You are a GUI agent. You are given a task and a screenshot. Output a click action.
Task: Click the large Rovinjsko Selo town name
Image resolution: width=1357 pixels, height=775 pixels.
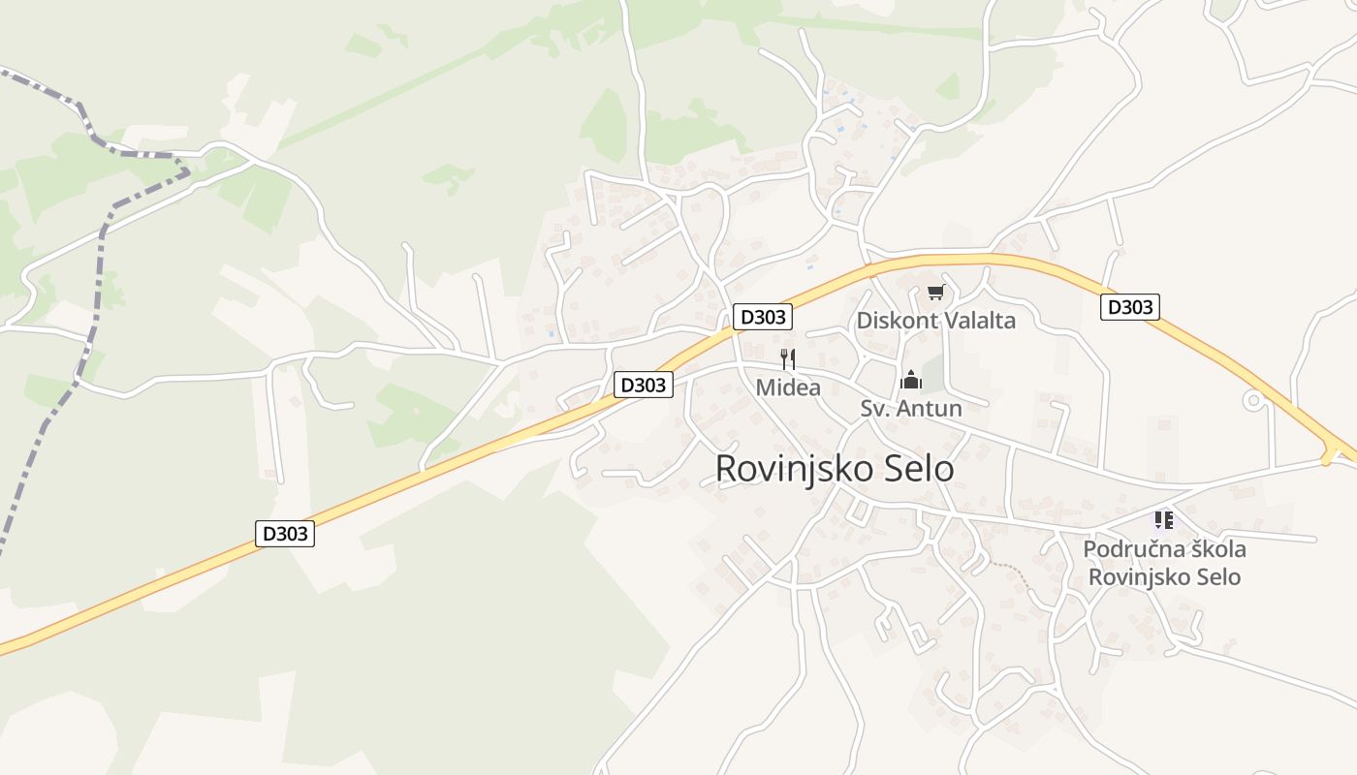[x=834, y=469]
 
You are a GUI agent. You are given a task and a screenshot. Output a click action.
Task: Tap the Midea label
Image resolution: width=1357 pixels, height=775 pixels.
[x=788, y=388]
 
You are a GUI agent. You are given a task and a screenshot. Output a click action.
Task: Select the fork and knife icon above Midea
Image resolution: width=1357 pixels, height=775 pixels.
[x=788, y=359]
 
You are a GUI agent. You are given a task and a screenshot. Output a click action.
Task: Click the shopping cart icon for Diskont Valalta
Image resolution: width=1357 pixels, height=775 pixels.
[x=935, y=292]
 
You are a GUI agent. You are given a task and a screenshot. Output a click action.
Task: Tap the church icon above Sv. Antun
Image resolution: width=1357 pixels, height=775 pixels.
[x=910, y=379]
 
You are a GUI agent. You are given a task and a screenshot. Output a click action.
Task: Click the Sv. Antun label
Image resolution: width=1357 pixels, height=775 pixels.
[x=911, y=409]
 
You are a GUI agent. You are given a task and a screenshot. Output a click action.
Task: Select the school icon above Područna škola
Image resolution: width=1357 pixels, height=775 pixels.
[x=1164, y=520]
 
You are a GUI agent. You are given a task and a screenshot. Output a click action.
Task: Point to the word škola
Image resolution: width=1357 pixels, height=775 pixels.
[x=1208, y=549]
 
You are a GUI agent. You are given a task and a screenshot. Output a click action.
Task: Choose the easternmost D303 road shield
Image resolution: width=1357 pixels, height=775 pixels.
[x=1130, y=307]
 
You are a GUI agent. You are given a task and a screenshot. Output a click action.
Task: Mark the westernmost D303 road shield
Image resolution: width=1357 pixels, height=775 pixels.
[x=285, y=533]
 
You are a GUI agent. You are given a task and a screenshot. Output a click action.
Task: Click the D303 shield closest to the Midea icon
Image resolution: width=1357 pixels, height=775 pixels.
[x=763, y=317]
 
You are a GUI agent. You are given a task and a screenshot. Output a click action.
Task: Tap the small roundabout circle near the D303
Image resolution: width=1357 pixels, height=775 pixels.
[x=1254, y=399]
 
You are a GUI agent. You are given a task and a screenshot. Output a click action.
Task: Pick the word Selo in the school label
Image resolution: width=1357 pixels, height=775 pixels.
[x=1217, y=577]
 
